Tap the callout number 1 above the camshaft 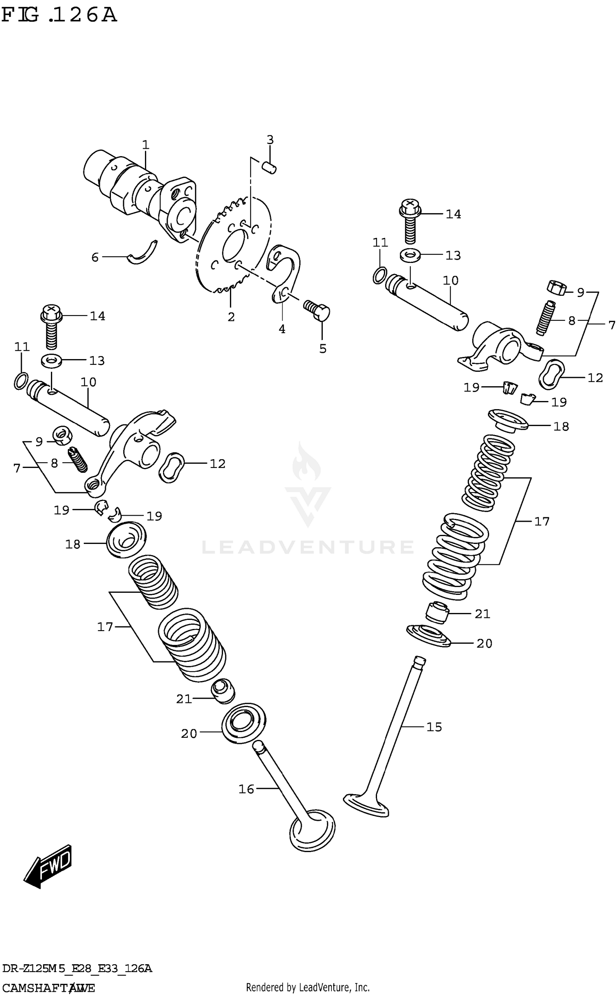pos(145,145)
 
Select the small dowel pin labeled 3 pos(269,168)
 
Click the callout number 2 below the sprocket pos(231,317)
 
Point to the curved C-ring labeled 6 pos(142,253)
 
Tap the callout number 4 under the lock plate pos(282,329)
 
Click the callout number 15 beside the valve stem pos(434,727)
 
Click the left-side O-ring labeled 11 pos(21,380)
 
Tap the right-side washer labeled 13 pos(410,255)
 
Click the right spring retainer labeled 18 pos(508,421)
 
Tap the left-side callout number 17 pos(105,626)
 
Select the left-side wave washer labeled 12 pos(170,468)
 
